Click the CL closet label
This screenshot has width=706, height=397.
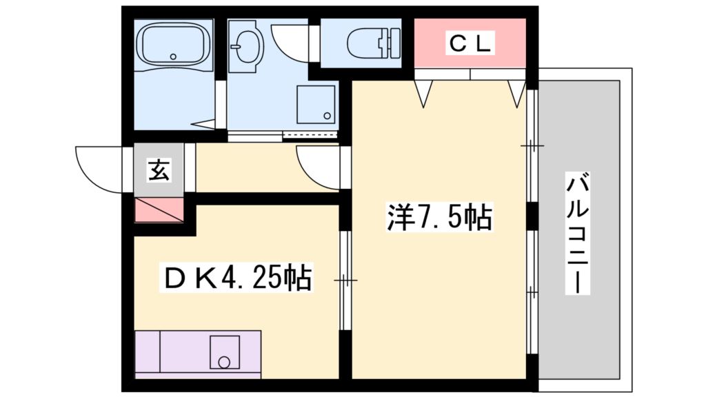(471, 43)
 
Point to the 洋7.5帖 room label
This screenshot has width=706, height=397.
(438, 218)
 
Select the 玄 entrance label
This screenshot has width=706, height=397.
(159, 170)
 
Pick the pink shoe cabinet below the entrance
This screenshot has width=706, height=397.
(159, 210)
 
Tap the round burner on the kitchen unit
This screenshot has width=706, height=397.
(223, 361)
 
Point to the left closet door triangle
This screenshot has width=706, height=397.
(423, 92)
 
